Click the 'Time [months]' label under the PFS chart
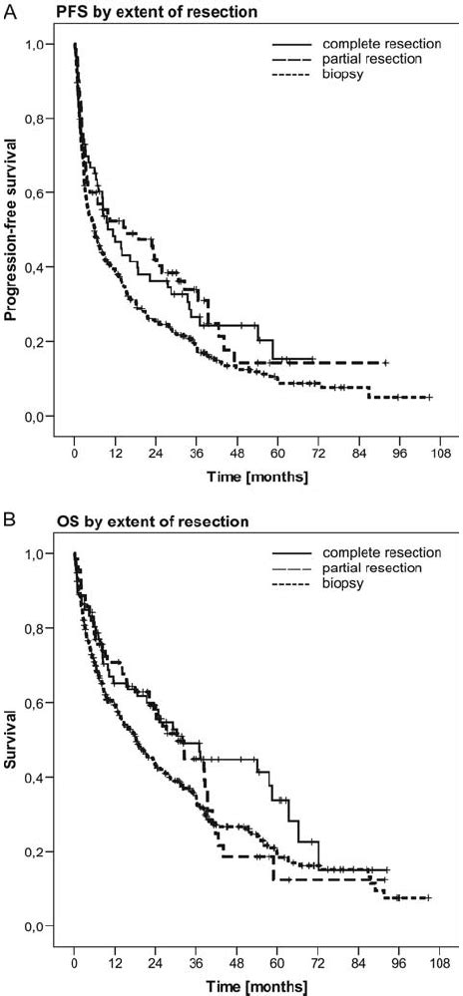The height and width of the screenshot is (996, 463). click(258, 478)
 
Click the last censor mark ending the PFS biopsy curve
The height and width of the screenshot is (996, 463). click(429, 397)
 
